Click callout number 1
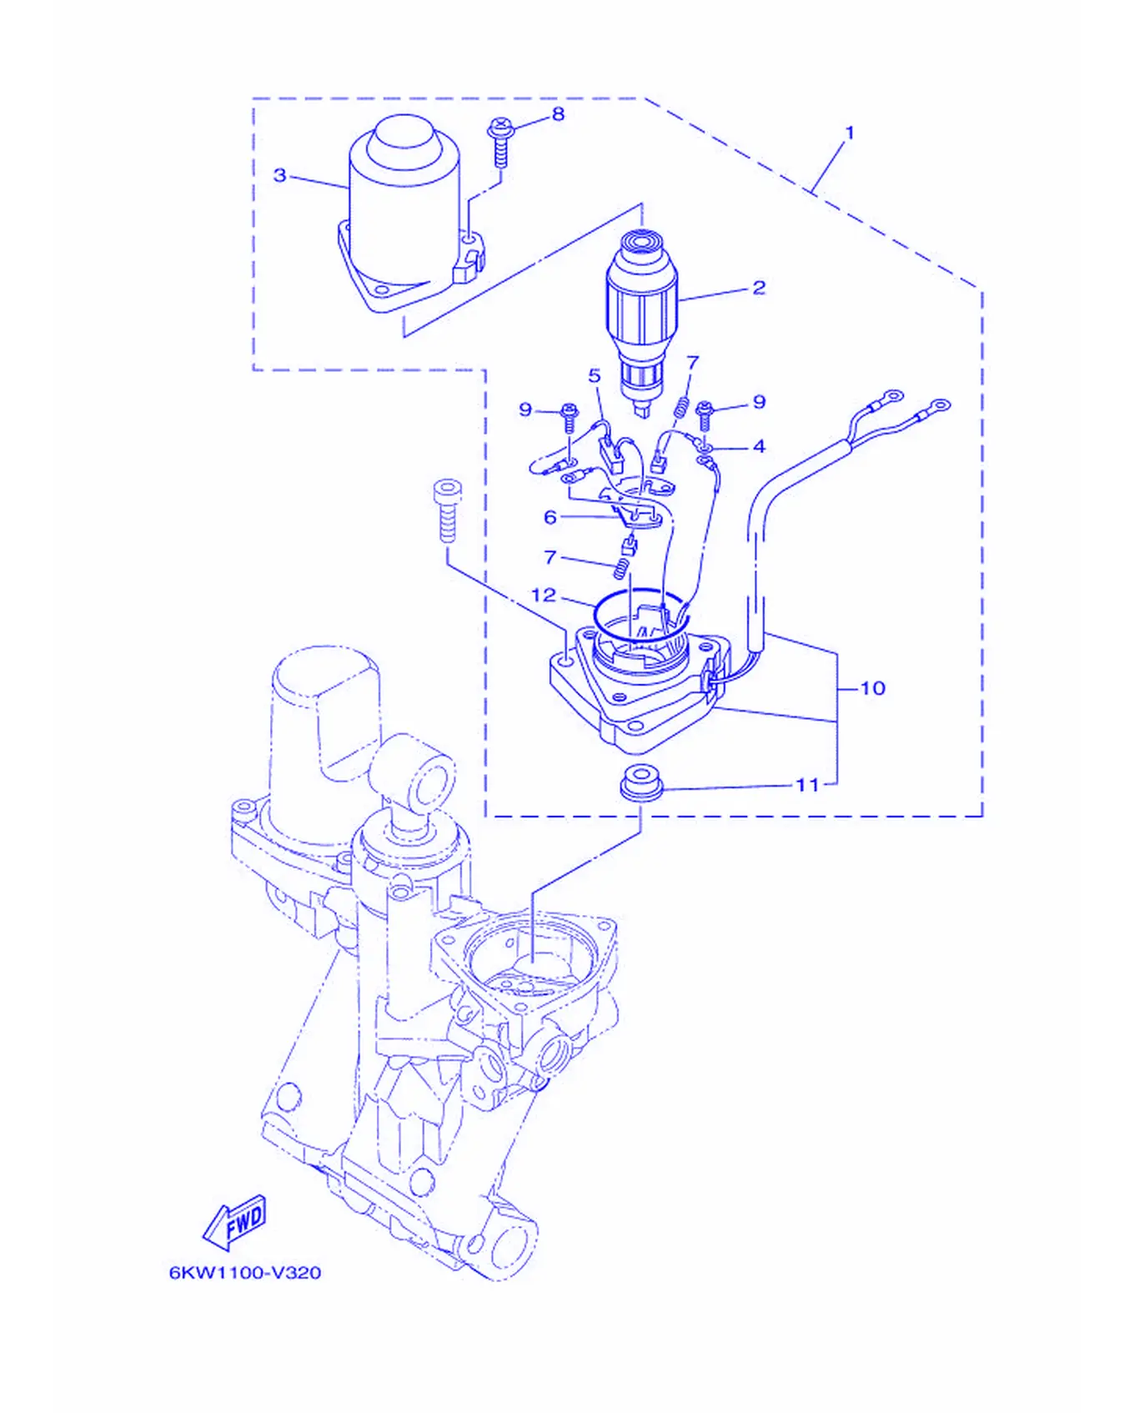(x=850, y=133)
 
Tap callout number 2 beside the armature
(x=759, y=288)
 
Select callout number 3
(x=280, y=175)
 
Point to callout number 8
(x=558, y=114)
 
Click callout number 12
(x=544, y=595)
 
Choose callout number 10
(x=872, y=688)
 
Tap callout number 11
(x=807, y=785)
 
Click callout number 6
(x=550, y=518)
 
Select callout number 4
(x=759, y=446)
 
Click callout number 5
(x=595, y=375)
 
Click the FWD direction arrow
(x=234, y=1222)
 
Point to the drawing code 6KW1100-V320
(x=245, y=1273)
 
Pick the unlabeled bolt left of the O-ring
(x=447, y=510)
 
